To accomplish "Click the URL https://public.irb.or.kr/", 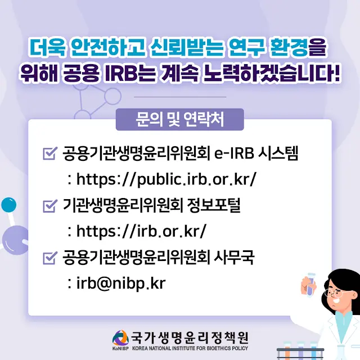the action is click(166, 179).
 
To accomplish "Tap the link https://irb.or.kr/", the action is click(141, 231).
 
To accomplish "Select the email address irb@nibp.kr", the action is click(121, 283).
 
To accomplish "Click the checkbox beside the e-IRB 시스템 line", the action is click(50, 154).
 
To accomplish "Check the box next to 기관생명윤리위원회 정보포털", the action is click(50, 206).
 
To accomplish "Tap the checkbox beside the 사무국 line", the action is click(50, 258).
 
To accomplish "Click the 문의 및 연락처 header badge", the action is click(180, 119).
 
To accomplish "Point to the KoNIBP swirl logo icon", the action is click(120, 337).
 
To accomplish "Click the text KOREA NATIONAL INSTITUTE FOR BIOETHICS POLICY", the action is click(190, 348).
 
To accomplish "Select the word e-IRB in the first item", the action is click(234, 154).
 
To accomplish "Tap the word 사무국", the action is click(234, 258).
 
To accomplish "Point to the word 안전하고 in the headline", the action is click(108, 48).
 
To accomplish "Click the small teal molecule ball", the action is click(9, 205).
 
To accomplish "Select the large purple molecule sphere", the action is click(15, 240).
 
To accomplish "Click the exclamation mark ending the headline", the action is click(336, 74).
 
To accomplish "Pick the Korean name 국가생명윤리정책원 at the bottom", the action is click(190, 337).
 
